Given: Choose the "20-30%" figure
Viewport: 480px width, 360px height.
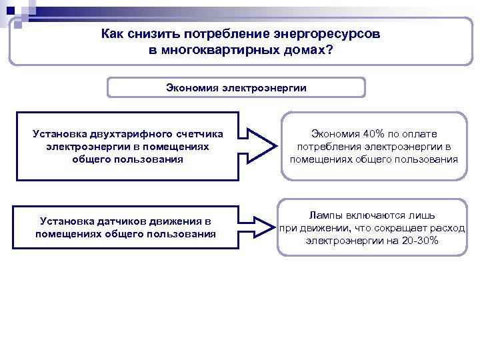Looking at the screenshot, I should coord(421,240).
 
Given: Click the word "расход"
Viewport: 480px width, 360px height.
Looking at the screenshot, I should coord(448,228).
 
